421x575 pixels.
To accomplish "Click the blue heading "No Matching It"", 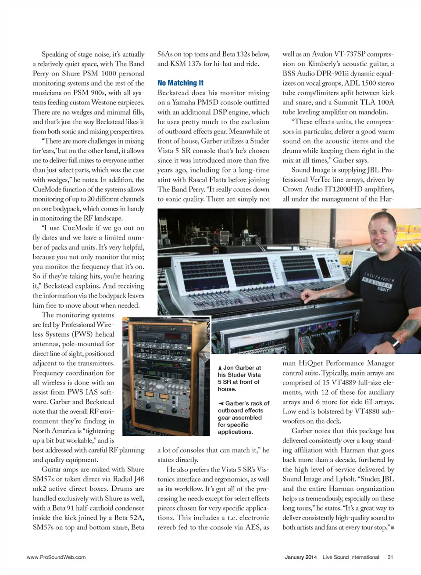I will click(x=180, y=83).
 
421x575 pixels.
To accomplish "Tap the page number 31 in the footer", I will click(x=390, y=557).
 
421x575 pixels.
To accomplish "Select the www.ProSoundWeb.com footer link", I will click(x=56, y=557).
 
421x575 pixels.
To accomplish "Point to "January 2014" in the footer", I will click(x=301, y=557).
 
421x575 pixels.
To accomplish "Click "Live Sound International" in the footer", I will click(x=351, y=557).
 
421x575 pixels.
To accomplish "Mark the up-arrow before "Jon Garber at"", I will click(x=220, y=368).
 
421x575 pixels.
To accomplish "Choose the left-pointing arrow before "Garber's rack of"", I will click(x=221, y=403).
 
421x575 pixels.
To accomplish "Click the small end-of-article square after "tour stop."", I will click(x=392, y=528).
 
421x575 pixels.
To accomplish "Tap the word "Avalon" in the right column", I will click(x=322, y=54).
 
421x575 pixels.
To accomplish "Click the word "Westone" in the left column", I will click(x=105, y=102).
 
